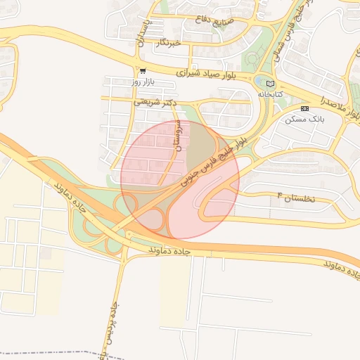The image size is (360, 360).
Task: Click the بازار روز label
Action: tap(143, 82)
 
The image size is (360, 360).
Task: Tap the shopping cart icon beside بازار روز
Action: tap(143, 71)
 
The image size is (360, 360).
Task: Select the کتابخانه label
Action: tap(270, 94)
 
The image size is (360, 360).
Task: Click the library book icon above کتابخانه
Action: tap(270, 84)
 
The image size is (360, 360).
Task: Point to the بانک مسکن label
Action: tap(303, 120)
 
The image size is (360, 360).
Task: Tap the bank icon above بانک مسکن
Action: tap(304, 109)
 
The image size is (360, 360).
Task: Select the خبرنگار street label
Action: tap(170, 43)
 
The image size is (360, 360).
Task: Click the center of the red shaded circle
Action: tap(180, 180)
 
